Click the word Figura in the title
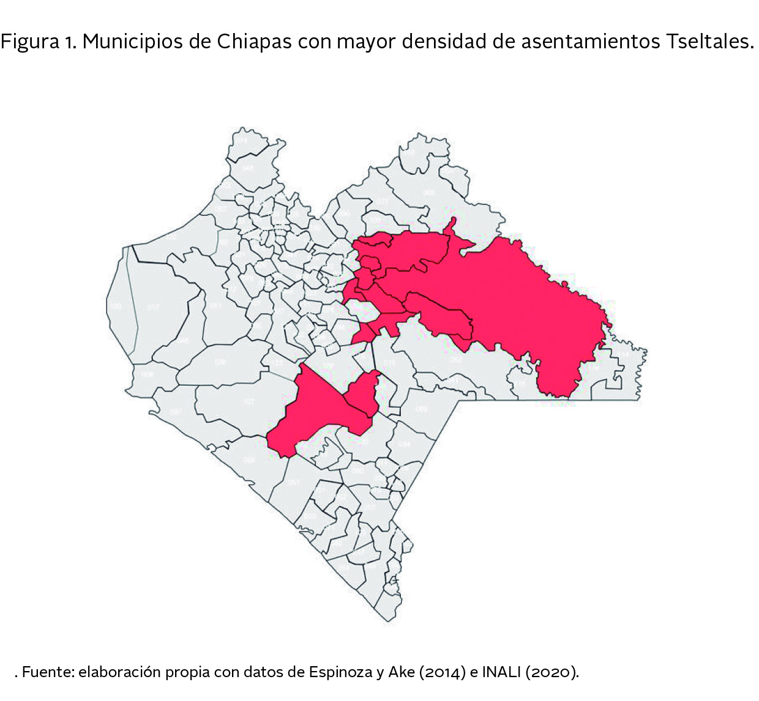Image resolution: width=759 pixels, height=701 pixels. (x=30, y=42)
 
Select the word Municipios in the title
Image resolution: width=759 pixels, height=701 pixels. (x=134, y=42)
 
